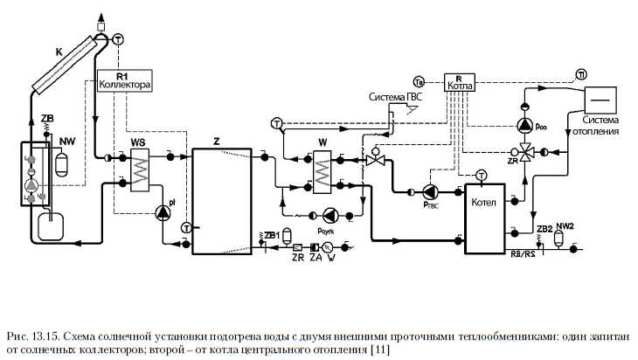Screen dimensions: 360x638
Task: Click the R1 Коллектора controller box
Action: [126, 81]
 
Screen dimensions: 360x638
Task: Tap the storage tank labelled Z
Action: [222, 201]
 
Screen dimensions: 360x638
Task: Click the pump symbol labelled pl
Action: [163, 212]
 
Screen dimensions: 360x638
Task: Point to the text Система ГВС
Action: [394, 96]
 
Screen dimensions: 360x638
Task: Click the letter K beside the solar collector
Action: [59, 53]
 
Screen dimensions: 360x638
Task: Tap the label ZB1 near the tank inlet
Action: [272, 235]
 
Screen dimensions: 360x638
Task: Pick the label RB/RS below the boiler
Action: [523, 256]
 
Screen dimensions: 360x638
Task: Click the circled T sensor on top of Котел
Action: [479, 177]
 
